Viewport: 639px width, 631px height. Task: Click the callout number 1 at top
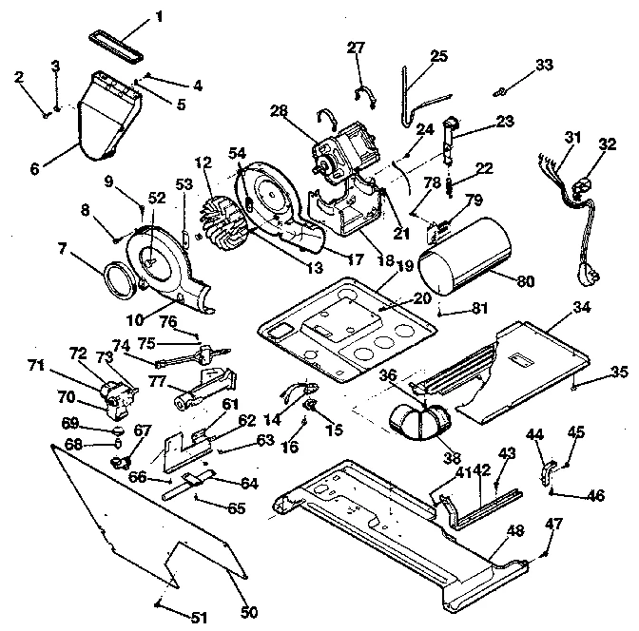[x=160, y=15]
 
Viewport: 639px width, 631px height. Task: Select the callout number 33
[x=543, y=65]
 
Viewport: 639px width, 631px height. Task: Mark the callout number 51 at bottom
[x=197, y=618]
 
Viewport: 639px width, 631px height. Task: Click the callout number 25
[x=438, y=56]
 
